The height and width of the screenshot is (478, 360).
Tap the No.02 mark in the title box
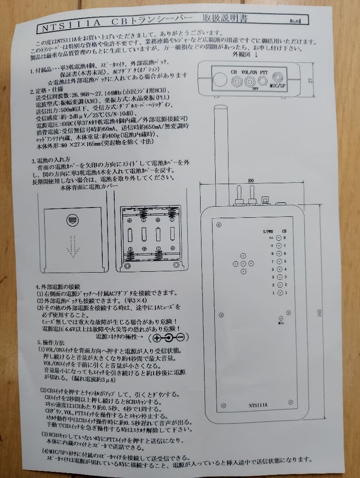click(x=295, y=20)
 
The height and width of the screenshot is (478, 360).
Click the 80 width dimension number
click(x=251, y=181)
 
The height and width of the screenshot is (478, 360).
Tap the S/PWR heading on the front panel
click(x=268, y=231)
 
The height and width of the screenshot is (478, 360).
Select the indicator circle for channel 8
click(x=279, y=238)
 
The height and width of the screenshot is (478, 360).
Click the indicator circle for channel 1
click(x=279, y=293)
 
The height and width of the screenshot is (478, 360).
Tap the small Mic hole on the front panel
click(x=281, y=318)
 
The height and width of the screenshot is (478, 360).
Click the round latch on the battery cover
click(x=72, y=220)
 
